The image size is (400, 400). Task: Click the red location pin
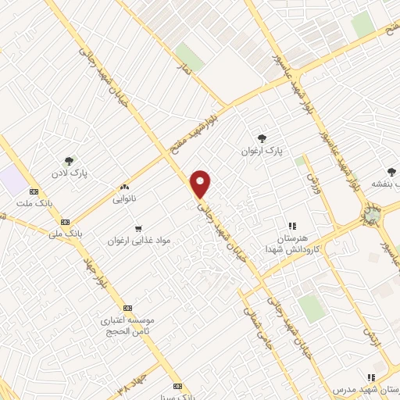click(x=202, y=184)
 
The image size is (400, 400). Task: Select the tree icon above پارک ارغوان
click(x=261, y=137)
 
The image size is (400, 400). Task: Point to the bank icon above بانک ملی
click(x=65, y=222)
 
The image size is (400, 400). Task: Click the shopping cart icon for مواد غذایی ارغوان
click(x=138, y=230)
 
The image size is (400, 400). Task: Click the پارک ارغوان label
click(x=260, y=148)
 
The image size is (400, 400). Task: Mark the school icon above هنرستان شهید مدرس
click(x=370, y=377)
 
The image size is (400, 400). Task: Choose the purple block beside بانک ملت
click(x=12, y=179)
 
